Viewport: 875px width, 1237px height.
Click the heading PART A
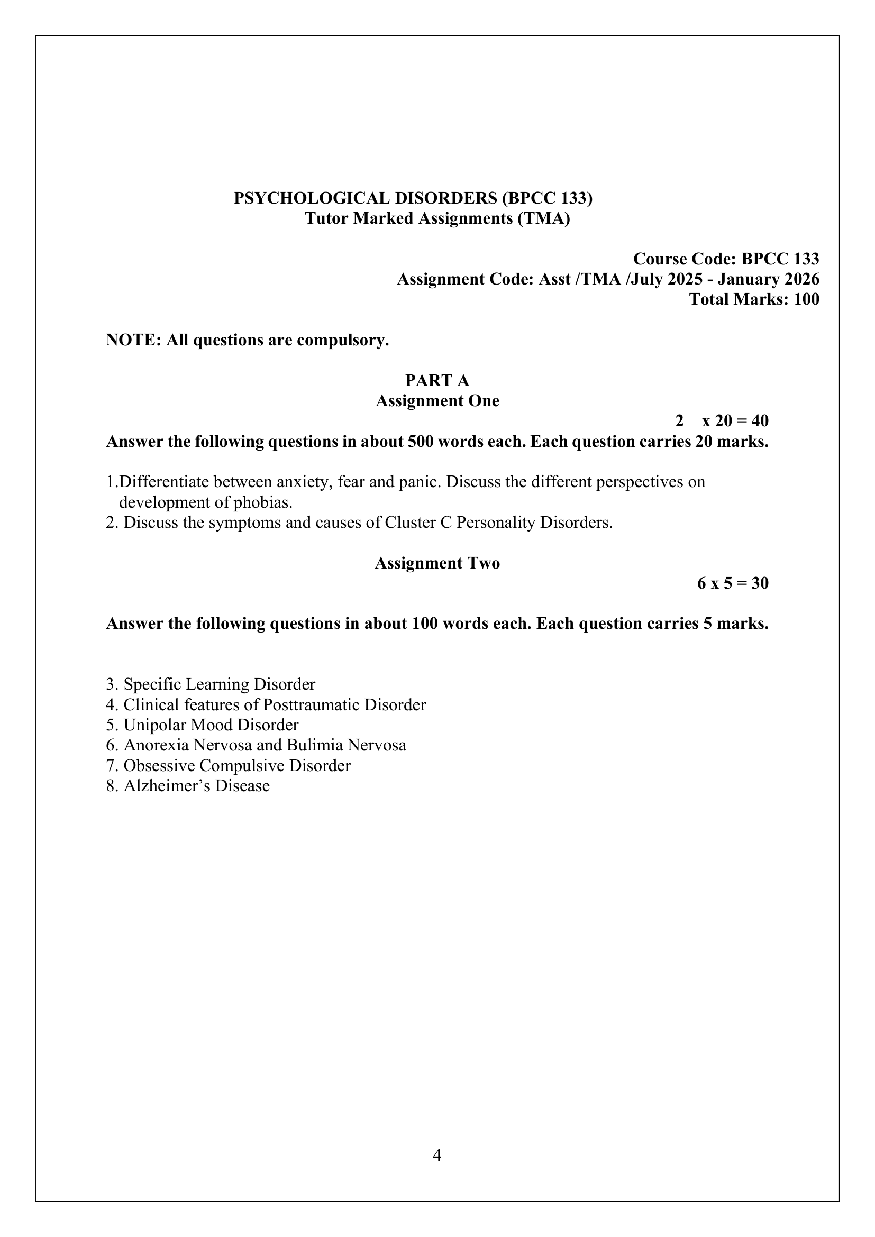click(437, 380)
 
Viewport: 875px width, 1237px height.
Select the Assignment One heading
click(437, 401)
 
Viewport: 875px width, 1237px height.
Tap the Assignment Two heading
click(437, 563)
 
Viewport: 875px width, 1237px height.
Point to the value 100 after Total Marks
click(806, 299)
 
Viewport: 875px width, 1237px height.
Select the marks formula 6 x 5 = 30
click(733, 583)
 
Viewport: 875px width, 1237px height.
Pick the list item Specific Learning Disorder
click(219, 684)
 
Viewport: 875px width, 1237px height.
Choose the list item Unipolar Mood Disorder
click(211, 725)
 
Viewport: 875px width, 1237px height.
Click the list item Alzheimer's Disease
click(196, 785)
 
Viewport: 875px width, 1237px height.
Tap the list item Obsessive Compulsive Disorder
click(236, 766)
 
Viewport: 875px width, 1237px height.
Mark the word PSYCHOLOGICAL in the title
click(312, 198)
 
